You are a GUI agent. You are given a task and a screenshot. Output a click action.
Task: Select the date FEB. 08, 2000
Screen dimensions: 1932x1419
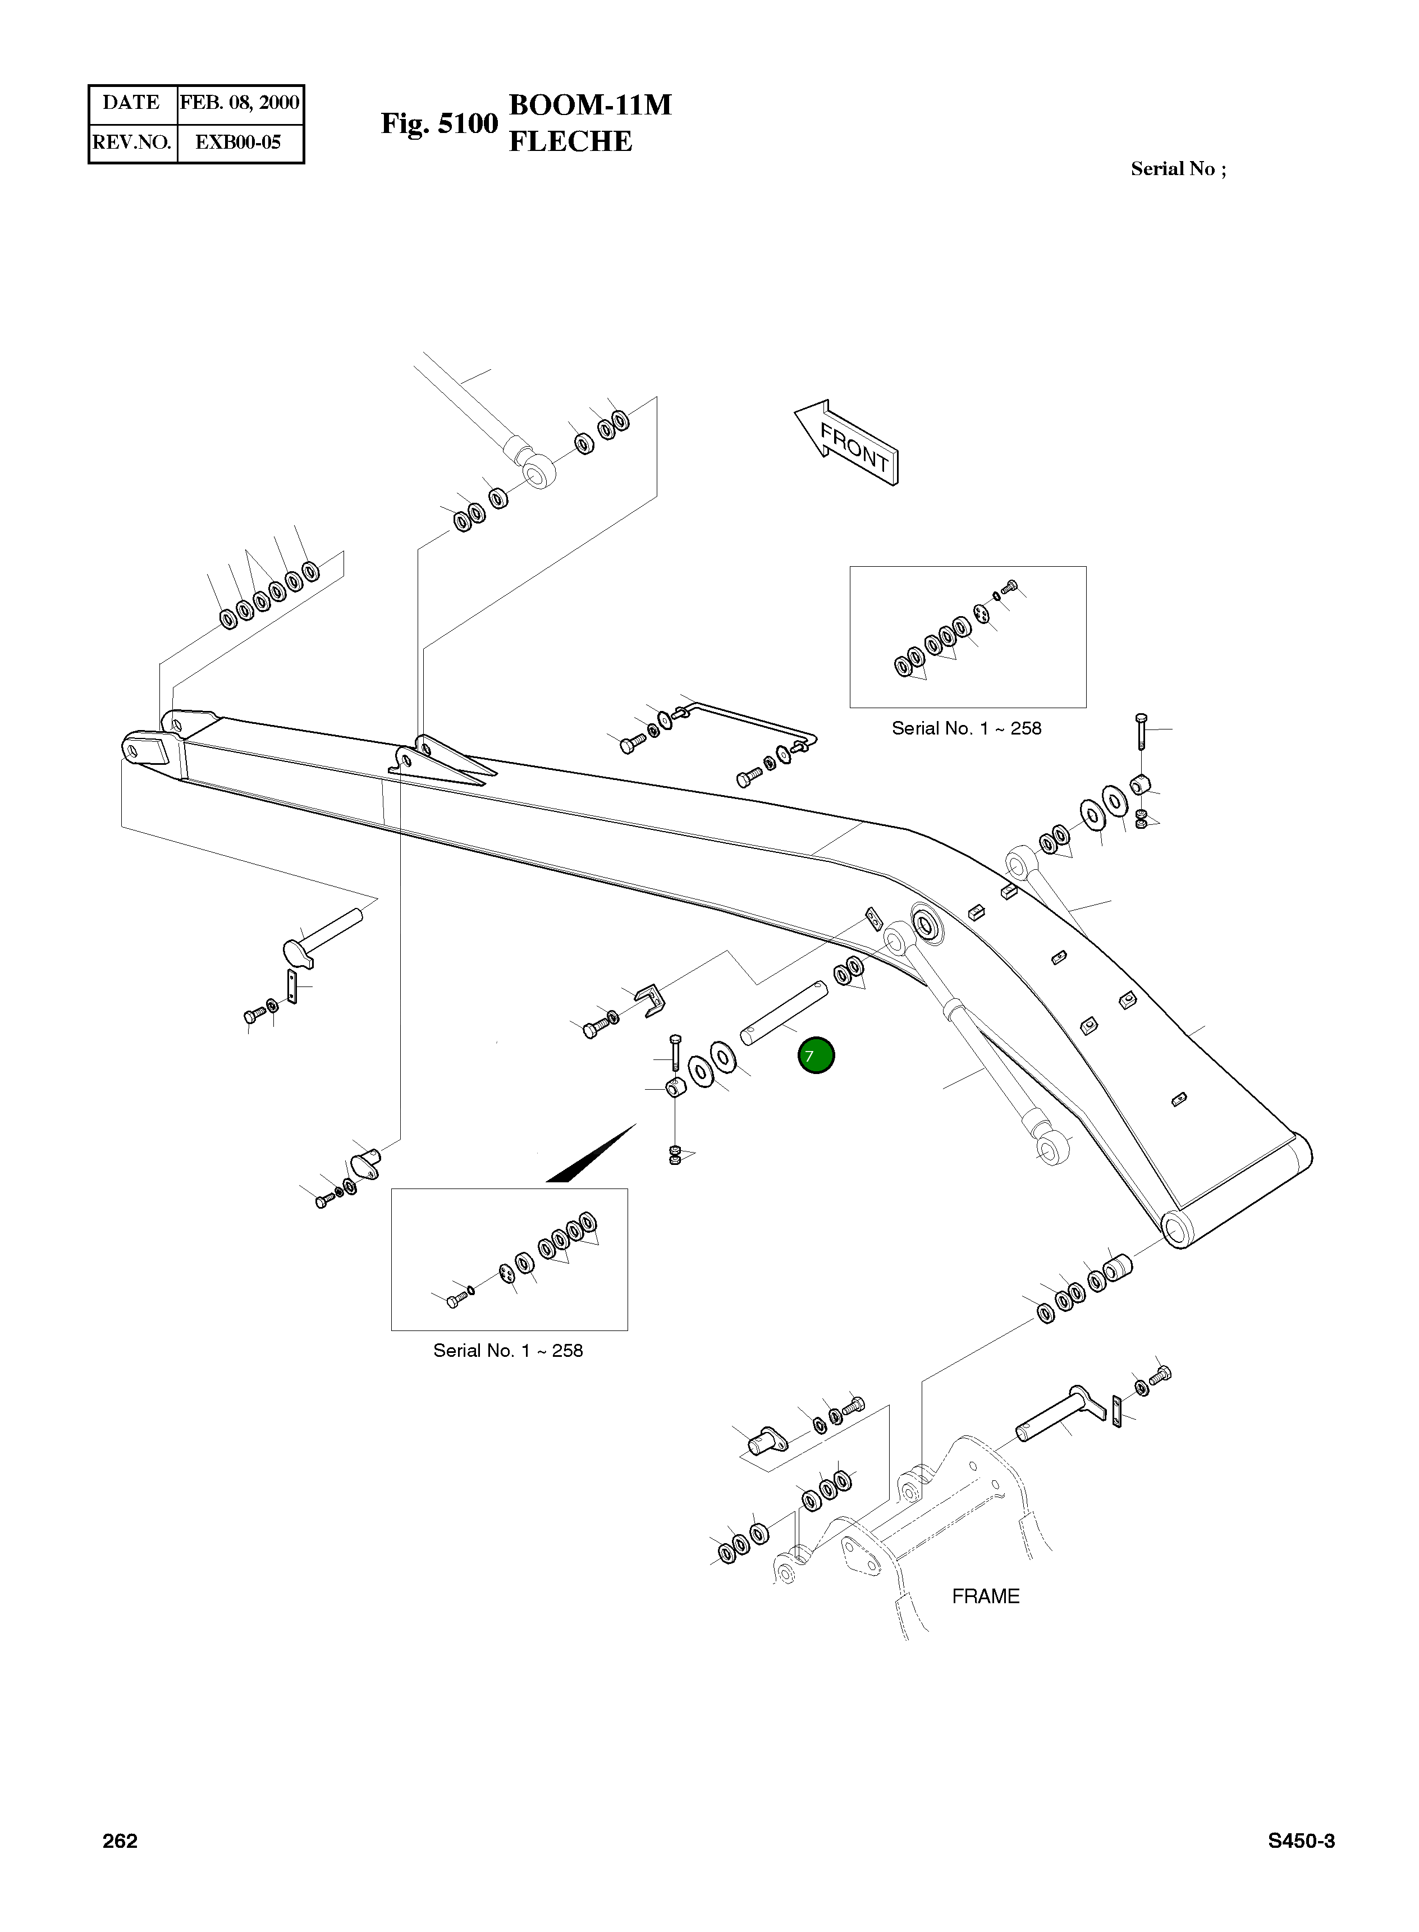coord(240,103)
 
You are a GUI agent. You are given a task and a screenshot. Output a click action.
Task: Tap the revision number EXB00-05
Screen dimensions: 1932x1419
coord(238,143)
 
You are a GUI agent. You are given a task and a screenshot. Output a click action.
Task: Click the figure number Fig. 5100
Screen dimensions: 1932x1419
coord(439,123)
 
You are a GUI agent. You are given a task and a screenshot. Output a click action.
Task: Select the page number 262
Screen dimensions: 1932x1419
coord(120,1840)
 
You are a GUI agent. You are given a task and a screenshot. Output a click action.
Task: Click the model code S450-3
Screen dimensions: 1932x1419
coord(1301,1840)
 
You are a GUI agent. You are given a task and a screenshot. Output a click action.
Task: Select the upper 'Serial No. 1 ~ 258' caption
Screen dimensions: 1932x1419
coord(967,728)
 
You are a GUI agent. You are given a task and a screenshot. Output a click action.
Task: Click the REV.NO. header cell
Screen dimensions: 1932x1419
coord(132,143)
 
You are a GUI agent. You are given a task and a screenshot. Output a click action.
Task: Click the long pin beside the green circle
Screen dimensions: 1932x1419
coord(784,1013)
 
